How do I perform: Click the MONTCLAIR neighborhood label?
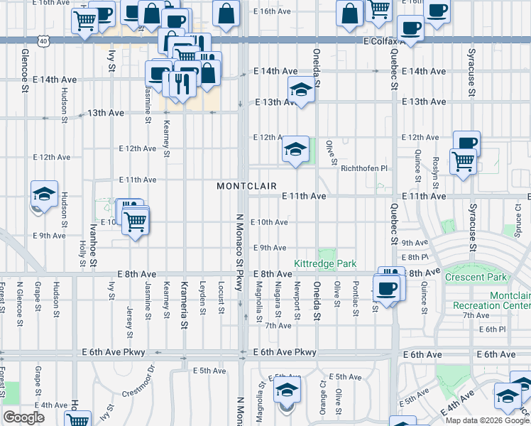pos(246,185)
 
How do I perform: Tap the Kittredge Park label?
pos(325,263)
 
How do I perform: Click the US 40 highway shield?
pos(44,42)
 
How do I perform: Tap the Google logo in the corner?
pos(23,417)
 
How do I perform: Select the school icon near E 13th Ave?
pos(301,89)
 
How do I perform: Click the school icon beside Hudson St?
pos(44,195)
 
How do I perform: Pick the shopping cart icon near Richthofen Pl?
pos(463,160)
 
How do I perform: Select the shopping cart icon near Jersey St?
pos(136,221)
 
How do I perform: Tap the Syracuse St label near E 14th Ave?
pos(471,71)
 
